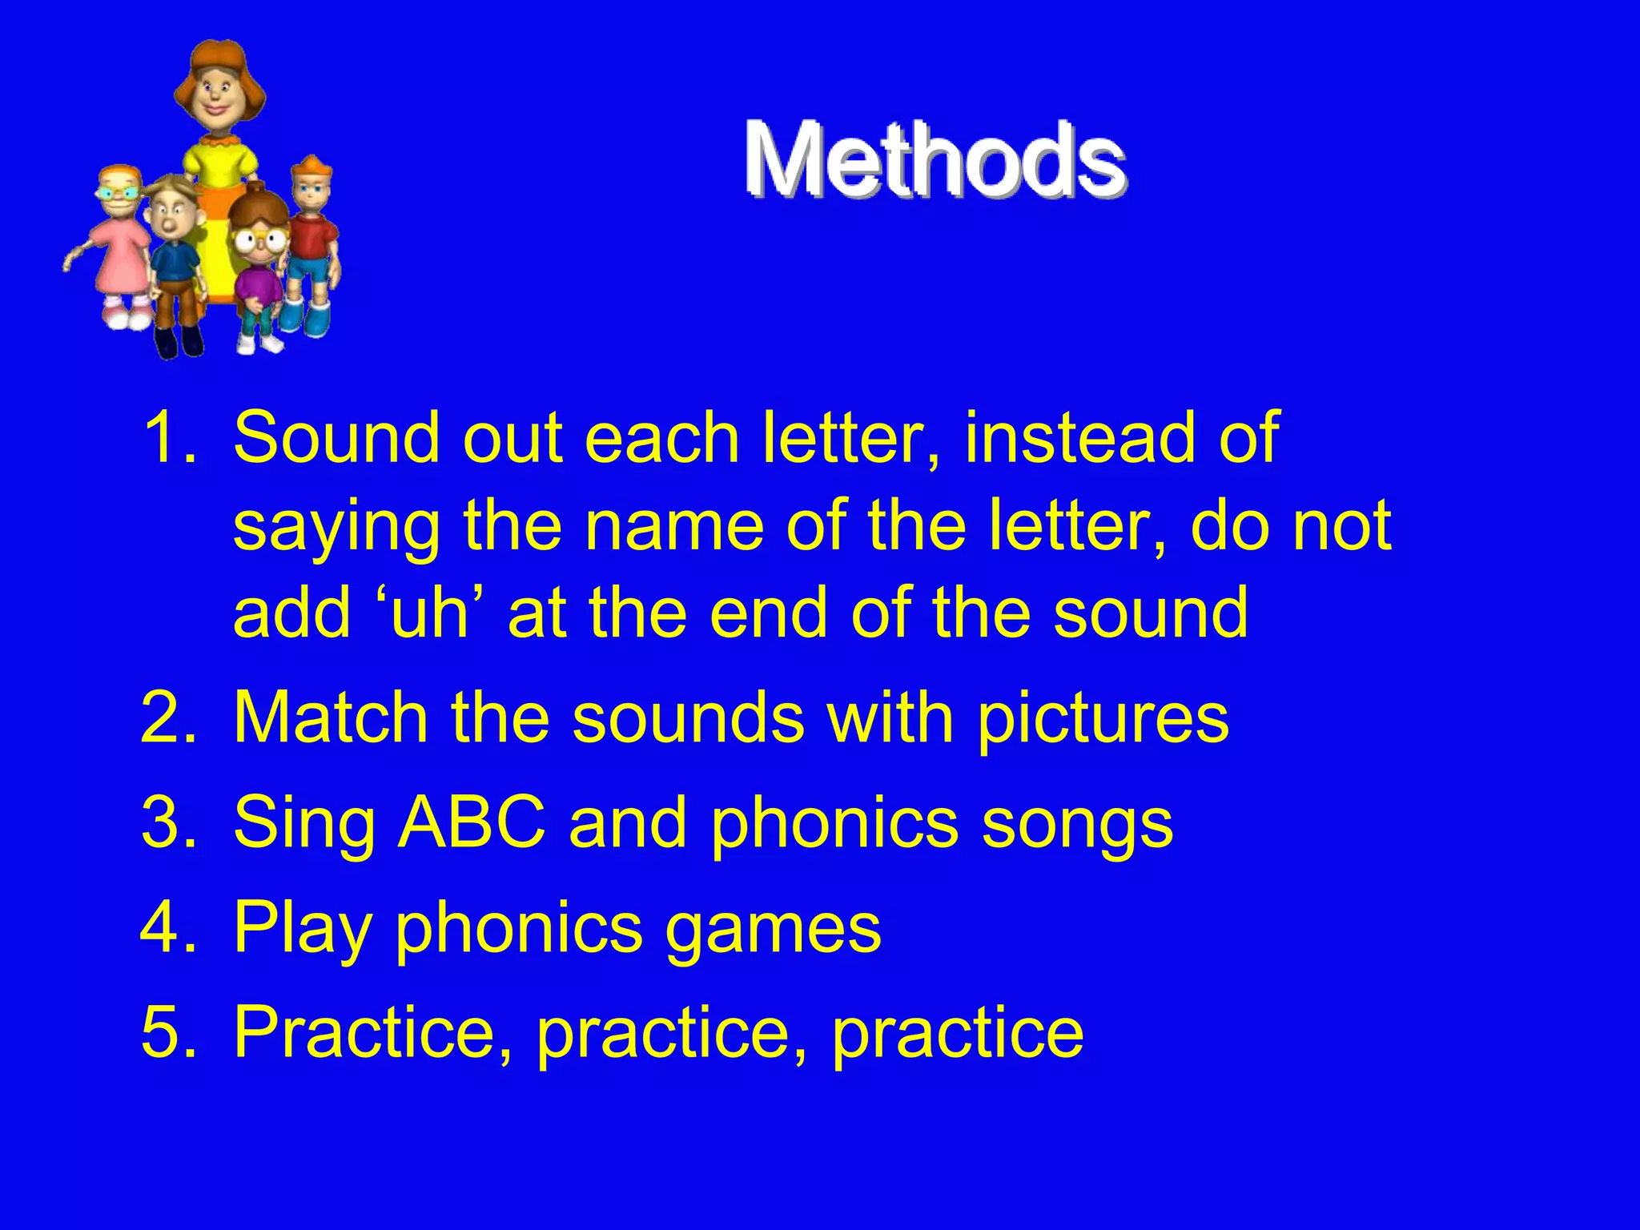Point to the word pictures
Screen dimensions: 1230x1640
(1103, 718)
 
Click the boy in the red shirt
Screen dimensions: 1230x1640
(312, 240)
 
